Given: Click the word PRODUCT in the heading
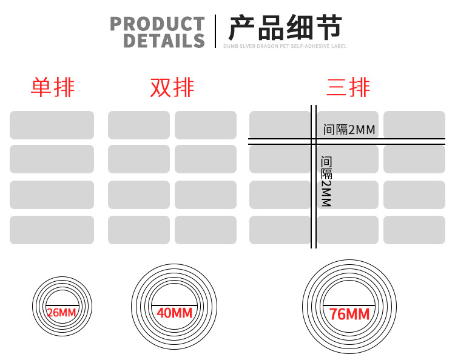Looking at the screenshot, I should (157, 24).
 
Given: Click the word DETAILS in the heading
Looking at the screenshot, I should (164, 41).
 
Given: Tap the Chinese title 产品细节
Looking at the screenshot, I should (285, 27).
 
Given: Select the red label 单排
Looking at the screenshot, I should (53, 88).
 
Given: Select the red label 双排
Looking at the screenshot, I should (172, 88).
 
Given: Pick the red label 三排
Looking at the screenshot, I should (348, 88).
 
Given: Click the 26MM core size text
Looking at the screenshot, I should (61, 313).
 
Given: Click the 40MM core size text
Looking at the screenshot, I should (174, 313).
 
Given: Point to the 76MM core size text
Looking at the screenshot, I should (349, 314).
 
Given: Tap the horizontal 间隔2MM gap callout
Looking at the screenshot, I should (349, 130).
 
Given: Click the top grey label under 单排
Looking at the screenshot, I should (52, 125).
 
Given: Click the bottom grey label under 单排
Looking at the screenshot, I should (52, 230).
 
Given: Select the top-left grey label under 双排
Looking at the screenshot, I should (139, 125).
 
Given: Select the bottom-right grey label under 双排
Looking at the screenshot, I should (206, 230).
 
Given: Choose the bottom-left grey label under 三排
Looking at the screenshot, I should (279, 230).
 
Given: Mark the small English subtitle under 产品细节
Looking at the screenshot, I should (285, 46).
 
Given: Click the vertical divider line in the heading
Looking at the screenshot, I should (215, 31).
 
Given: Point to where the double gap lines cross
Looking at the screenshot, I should (314, 142).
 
